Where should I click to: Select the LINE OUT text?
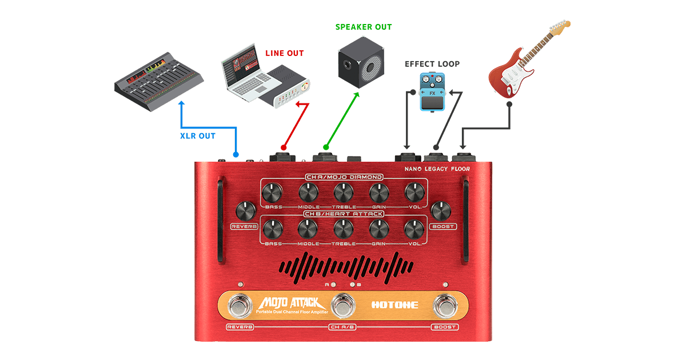(x=284, y=53)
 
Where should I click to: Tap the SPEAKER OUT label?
(x=364, y=27)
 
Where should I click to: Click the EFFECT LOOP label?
(x=432, y=64)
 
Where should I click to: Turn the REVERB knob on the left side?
(x=245, y=211)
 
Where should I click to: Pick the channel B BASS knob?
(x=273, y=229)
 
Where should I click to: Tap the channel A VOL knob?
(x=414, y=192)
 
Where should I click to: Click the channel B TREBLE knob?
(x=344, y=229)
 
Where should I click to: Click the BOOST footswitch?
(x=445, y=306)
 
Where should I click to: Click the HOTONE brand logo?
(x=395, y=305)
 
